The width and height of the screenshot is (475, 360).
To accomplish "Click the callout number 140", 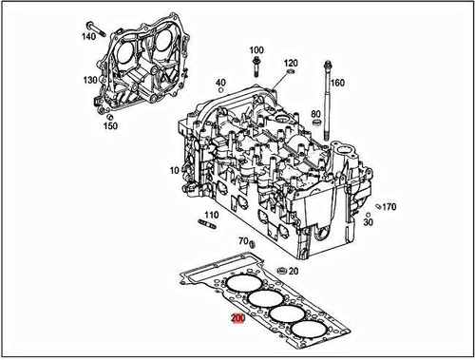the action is click(x=88, y=36).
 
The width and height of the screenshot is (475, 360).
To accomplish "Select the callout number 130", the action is click(x=90, y=80).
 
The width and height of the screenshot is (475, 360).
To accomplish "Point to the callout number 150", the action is click(x=110, y=125).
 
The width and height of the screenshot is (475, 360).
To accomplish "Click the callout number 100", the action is click(x=256, y=50).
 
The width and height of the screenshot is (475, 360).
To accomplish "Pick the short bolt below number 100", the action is click(x=256, y=66).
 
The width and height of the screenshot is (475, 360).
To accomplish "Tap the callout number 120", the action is click(x=291, y=63).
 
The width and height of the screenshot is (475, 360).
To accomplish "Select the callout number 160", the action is click(x=337, y=83).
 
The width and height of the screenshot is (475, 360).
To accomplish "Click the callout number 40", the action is click(x=220, y=83).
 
